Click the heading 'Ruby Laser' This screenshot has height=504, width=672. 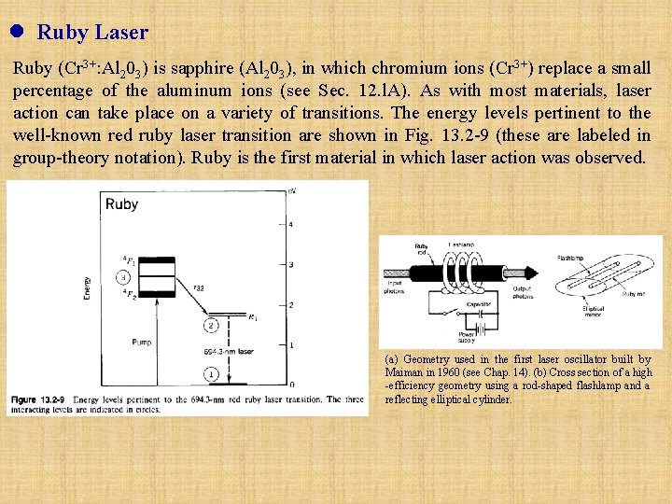[92, 33]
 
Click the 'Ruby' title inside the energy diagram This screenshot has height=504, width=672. [122, 204]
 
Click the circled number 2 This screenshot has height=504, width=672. [212, 325]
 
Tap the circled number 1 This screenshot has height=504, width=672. [211, 373]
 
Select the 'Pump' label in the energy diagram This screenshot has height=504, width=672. [143, 343]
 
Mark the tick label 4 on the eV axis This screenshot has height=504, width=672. [291, 225]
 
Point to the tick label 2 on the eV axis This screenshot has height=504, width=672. [291, 305]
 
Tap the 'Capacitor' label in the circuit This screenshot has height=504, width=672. [480, 302]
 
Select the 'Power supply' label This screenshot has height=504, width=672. [467, 337]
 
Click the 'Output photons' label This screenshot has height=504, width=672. [524, 293]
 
